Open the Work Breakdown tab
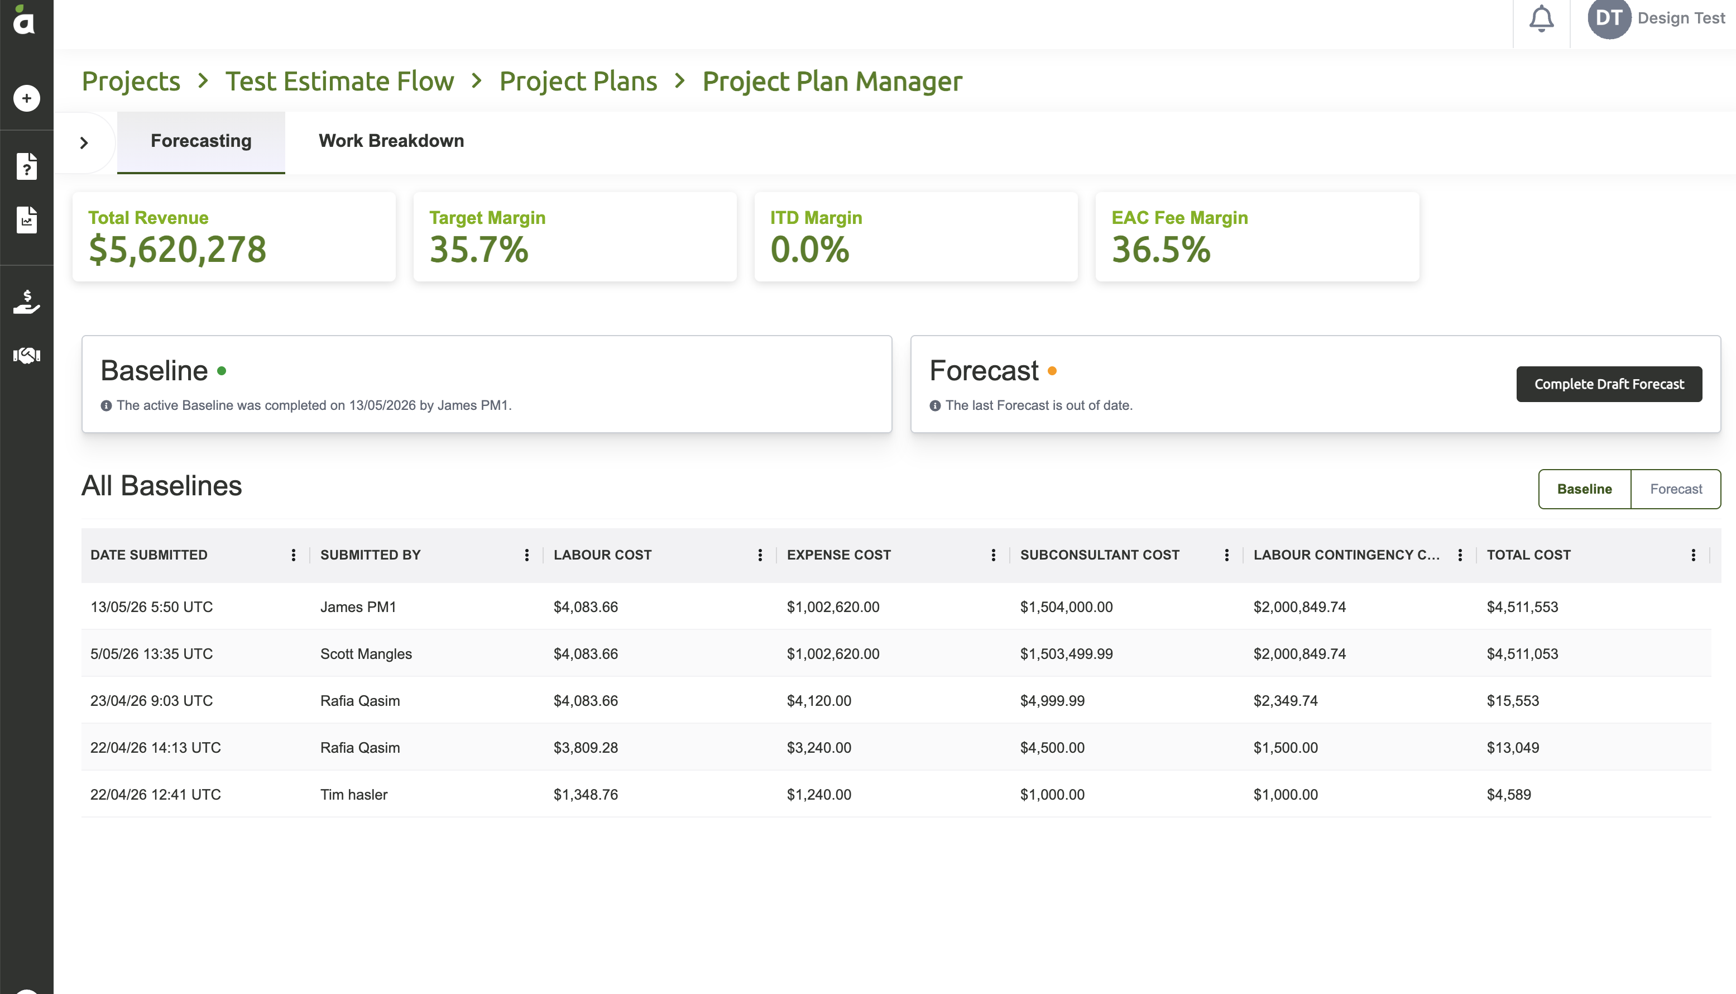[391, 141]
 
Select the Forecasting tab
[200, 141]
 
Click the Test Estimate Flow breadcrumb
[339, 81]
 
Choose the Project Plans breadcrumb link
[578, 81]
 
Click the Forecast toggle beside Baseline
[1675, 489]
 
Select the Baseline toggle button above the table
[1585, 489]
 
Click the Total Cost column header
[1528, 555]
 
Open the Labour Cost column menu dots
[760, 555]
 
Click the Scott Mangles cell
[366, 653]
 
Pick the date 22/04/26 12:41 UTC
[156, 794]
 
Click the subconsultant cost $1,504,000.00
[1066, 607]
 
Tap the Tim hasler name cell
[353, 794]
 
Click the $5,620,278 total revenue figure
[178, 249]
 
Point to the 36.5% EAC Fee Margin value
[1160, 249]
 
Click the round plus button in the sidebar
[27, 98]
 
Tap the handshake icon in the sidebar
[27, 355]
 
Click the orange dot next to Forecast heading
[1052, 371]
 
